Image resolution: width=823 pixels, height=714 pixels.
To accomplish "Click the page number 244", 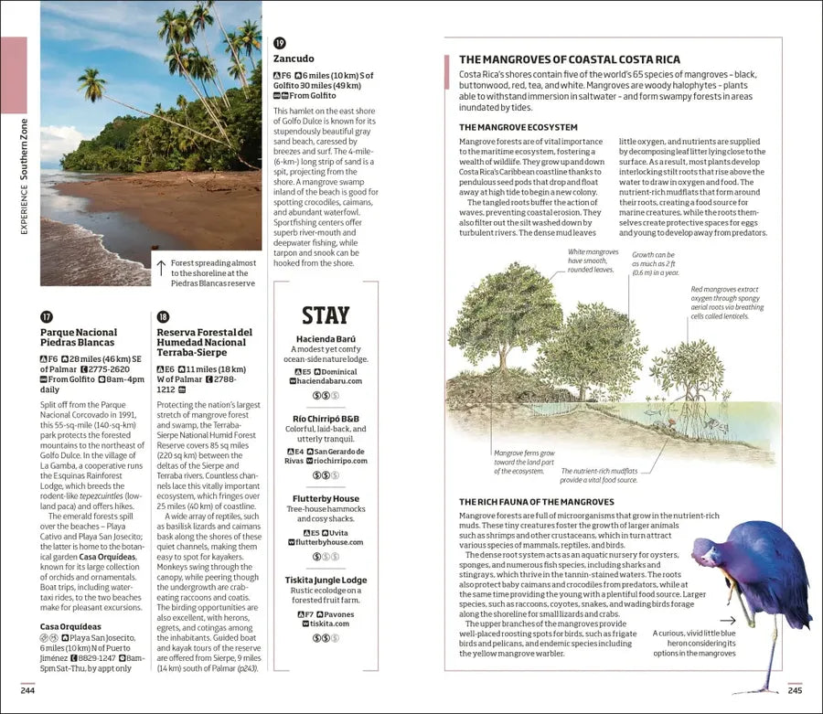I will [x=27, y=689].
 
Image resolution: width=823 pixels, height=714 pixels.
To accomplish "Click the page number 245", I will [x=795, y=689].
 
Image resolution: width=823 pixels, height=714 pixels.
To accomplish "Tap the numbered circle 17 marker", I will [x=47, y=316].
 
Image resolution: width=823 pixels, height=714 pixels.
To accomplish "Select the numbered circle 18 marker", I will [x=163, y=316].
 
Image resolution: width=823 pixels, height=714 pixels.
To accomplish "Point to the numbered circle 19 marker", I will [x=280, y=43].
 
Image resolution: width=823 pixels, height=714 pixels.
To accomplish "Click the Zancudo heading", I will [x=294, y=59].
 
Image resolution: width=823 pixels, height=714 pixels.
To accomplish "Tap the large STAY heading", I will [x=326, y=315].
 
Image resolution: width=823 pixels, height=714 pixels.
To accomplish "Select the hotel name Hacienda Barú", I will [x=326, y=338].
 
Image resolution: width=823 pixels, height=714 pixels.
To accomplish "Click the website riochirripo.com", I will [x=341, y=461].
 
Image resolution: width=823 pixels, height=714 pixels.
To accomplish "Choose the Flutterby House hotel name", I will [x=326, y=499].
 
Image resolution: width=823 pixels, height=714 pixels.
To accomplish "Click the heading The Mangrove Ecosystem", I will [x=518, y=127].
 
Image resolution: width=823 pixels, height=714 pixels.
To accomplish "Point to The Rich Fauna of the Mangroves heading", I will [x=537, y=502].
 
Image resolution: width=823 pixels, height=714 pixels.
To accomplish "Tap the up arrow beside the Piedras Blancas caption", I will [x=161, y=267].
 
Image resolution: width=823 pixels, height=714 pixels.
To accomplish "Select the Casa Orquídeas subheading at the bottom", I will [x=71, y=626].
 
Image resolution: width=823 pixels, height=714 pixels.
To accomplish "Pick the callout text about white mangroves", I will [x=593, y=261].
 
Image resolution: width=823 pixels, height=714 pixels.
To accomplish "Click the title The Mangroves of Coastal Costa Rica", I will [x=569, y=59].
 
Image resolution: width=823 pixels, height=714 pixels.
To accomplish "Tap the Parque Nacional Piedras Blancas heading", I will [x=79, y=337].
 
